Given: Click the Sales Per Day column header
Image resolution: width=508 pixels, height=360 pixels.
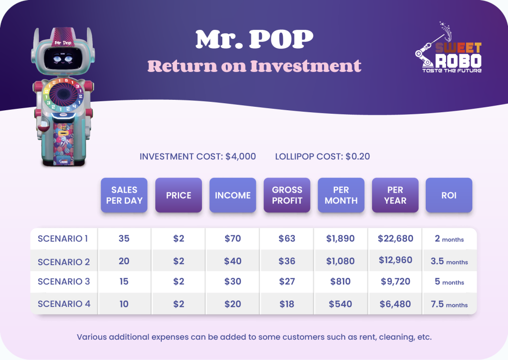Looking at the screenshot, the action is pyautogui.click(x=124, y=195).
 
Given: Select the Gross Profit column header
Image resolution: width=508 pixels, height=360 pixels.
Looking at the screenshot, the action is pyautogui.click(x=287, y=195).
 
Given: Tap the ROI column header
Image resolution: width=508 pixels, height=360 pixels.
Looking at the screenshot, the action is pyautogui.click(x=448, y=195).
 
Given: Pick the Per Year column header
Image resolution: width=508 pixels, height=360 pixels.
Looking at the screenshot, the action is pyautogui.click(x=395, y=195).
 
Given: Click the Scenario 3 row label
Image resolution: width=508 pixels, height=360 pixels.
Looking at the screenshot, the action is pyautogui.click(x=64, y=282).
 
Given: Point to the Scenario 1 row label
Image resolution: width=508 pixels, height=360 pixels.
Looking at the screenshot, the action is pyautogui.click(x=63, y=239).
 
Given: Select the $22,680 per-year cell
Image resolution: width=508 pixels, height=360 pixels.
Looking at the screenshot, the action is pyautogui.click(x=395, y=239).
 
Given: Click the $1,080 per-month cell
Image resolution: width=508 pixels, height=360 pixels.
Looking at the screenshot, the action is pyautogui.click(x=340, y=261).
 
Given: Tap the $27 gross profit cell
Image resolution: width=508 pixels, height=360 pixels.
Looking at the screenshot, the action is pyautogui.click(x=287, y=282).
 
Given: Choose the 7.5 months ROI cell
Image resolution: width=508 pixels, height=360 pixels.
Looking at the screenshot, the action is pyautogui.click(x=449, y=304).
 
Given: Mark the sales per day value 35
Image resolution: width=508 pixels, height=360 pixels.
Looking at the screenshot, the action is pyautogui.click(x=124, y=239).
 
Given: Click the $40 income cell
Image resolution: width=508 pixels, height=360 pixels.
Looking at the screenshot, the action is pyautogui.click(x=233, y=261).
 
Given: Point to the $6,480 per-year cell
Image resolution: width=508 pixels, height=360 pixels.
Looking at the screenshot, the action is pyautogui.click(x=395, y=304).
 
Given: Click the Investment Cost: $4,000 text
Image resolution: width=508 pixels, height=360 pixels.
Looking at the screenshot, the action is pyautogui.click(x=197, y=156).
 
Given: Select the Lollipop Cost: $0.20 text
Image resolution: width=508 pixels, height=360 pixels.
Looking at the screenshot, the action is pyautogui.click(x=322, y=156).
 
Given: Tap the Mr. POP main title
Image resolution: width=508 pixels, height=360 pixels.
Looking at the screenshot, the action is pyautogui.click(x=254, y=39).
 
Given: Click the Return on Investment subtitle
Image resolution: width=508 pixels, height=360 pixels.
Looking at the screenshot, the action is pyautogui.click(x=254, y=66).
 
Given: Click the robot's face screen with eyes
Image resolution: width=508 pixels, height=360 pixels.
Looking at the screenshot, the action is pyautogui.click(x=63, y=59).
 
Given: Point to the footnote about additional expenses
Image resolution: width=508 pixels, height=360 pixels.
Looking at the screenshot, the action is pyautogui.click(x=254, y=337).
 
